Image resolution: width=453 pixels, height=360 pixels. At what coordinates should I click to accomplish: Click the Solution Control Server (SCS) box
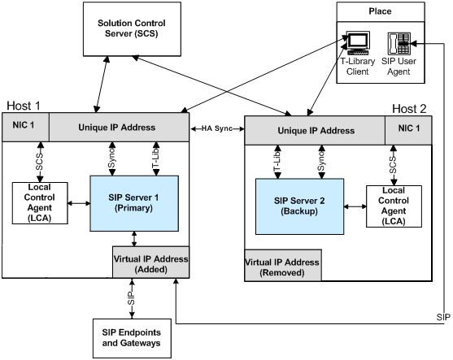132,29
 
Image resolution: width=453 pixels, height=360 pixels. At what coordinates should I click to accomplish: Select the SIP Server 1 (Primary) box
134,203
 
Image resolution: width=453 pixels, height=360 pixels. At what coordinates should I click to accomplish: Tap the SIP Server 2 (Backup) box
299,206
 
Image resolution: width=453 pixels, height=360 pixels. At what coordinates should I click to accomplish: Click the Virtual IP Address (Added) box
150,262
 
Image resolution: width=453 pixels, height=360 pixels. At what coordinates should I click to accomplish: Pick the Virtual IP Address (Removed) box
283,265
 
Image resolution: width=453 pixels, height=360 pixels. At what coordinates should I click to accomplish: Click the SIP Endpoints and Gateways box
132,338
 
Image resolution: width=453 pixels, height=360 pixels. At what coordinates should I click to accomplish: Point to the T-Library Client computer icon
358,43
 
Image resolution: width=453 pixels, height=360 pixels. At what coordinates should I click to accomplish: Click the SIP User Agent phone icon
399,44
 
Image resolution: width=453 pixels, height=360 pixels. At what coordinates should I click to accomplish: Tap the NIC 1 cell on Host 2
408,130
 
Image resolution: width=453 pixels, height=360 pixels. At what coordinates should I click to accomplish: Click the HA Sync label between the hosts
217,128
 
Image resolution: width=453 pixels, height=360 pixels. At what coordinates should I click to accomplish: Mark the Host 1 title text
24,106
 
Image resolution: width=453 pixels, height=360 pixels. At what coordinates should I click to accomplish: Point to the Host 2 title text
409,109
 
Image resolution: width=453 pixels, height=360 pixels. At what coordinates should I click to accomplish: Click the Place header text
380,11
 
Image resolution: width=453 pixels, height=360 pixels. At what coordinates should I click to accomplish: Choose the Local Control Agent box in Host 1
40,203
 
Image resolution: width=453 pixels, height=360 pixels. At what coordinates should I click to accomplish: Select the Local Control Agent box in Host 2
394,206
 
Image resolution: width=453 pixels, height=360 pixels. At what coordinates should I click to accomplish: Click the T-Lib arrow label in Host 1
156,158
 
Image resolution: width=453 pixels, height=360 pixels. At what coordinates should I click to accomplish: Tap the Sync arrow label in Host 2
321,162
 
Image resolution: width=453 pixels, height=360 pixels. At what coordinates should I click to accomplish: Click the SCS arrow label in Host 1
39,162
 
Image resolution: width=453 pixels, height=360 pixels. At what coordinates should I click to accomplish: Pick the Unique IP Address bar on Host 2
315,130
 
